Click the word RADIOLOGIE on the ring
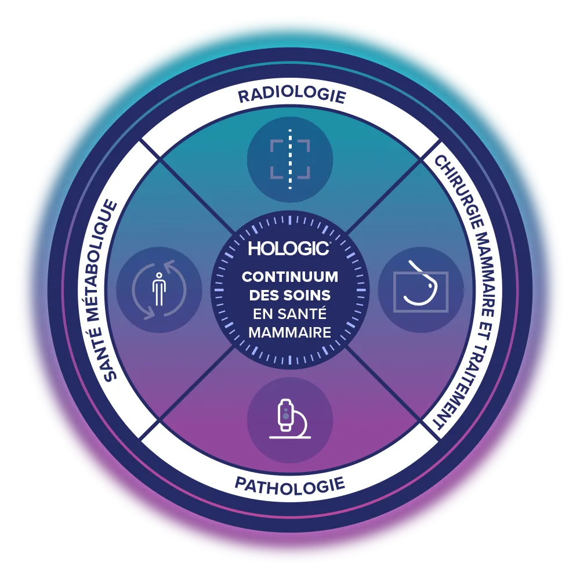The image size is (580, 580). [291, 96]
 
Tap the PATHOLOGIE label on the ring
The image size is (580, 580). [289, 483]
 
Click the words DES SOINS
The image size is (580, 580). [289, 295]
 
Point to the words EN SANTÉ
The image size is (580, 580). [289, 314]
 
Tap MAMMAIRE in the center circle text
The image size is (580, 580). [289, 332]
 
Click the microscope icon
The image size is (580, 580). [289, 420]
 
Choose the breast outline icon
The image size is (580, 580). [420, 289]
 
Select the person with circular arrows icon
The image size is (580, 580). [159, 289]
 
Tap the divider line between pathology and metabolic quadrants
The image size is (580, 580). [191, 389]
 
